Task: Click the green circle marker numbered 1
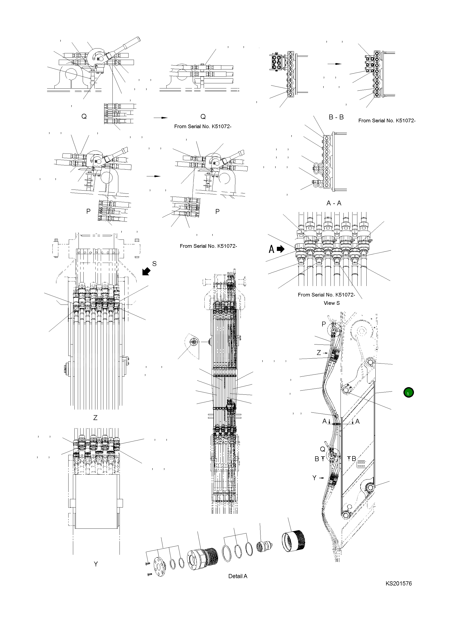(x=408, y=392)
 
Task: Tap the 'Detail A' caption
(x=238, y=576)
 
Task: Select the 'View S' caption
(x=331, y=303)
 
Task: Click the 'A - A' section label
(x=334, y=203)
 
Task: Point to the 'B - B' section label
(x=336, y=117)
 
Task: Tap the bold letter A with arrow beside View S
(x=276, y=249)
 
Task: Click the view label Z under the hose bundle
(x=95, y=418)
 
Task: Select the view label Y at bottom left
(x=96, y=564)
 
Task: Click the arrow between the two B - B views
(x=334, y=64)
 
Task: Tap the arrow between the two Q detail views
(x=160, y=118)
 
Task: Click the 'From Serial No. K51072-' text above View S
(x=326, y=295)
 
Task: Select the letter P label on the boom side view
(x=324, y=324)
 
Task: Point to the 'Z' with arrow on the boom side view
(x=321, y=353)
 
